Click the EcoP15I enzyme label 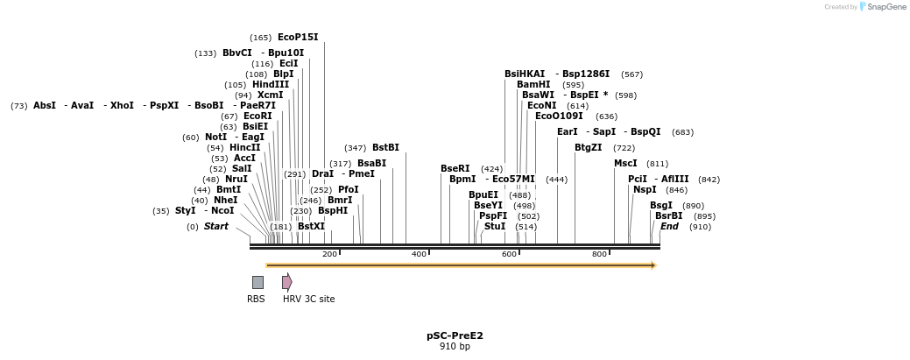coord(298,38)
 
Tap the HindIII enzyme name coord(270,85)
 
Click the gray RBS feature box coord(257,282)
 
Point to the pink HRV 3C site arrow coord(286,281)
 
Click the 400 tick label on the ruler coord(420,254)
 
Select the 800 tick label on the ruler coord(600,254)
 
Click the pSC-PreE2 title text coord(455,335)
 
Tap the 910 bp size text coord(455,346)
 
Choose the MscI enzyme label coord(625,164)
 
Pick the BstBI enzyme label coord(385,148)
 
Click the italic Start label coord(215,227)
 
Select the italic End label coord(669,227)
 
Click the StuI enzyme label coord(495,227)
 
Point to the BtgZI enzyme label coord(589,148)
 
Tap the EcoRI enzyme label coord(257,116)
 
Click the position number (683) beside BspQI coord(682,132)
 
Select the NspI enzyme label coord(645,189)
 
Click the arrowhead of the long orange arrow coord(653,265)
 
